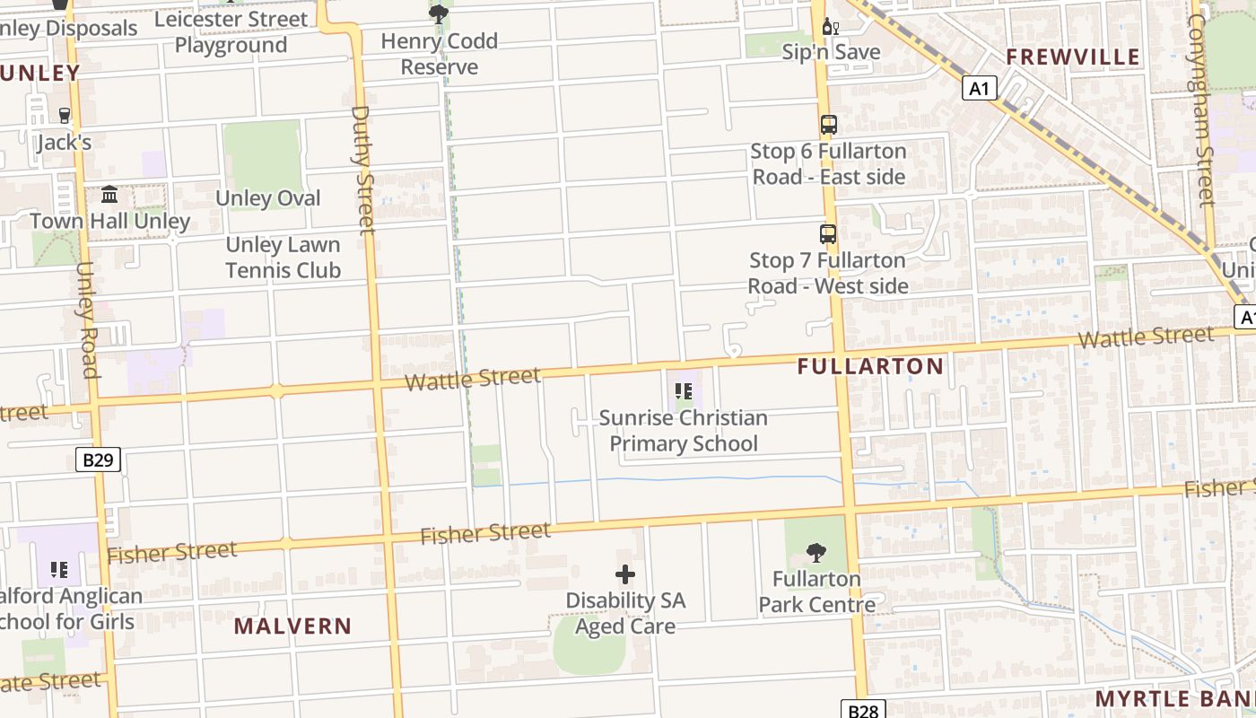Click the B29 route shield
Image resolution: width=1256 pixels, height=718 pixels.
tap(98, 460)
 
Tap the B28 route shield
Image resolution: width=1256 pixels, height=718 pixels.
tap(863, 710)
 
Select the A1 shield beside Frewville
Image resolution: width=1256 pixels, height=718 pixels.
tap(980, 88)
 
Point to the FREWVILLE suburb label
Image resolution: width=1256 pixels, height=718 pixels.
tap(1072, 57)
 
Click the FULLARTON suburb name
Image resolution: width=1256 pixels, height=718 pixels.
tap(870, 366)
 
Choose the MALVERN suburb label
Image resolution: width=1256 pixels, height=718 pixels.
tap(292, 626)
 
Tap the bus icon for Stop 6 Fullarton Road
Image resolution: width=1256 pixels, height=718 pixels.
tap(828, 125)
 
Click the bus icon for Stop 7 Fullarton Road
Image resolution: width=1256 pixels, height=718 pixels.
tap(828, 234)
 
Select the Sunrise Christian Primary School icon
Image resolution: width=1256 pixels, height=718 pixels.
tap(684, 391)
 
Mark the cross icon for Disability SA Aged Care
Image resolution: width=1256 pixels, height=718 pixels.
tap(625, 574)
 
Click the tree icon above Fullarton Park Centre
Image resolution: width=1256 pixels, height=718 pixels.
tap(816, 553)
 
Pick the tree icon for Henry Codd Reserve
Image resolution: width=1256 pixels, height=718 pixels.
tap(439, 13)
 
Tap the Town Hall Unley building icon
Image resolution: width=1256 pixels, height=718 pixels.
tap(109, 194)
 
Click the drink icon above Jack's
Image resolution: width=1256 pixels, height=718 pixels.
tap(64, 115)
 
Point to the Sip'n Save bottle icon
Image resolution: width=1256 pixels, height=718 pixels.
tap(830, 27)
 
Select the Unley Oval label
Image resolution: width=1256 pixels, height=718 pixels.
tap(268, 198)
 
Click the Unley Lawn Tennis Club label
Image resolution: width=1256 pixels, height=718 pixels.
tap(283, 258)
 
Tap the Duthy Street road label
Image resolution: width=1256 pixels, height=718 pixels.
tap(362, 171)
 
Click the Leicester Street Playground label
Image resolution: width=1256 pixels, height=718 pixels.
tap(231, 31)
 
